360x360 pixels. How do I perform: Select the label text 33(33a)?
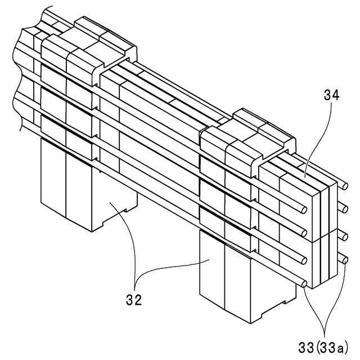click(x=323, y=346)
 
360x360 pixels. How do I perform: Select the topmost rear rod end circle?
click(x=345, y=185)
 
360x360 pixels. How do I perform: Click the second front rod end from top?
click(x=304, y=233)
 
